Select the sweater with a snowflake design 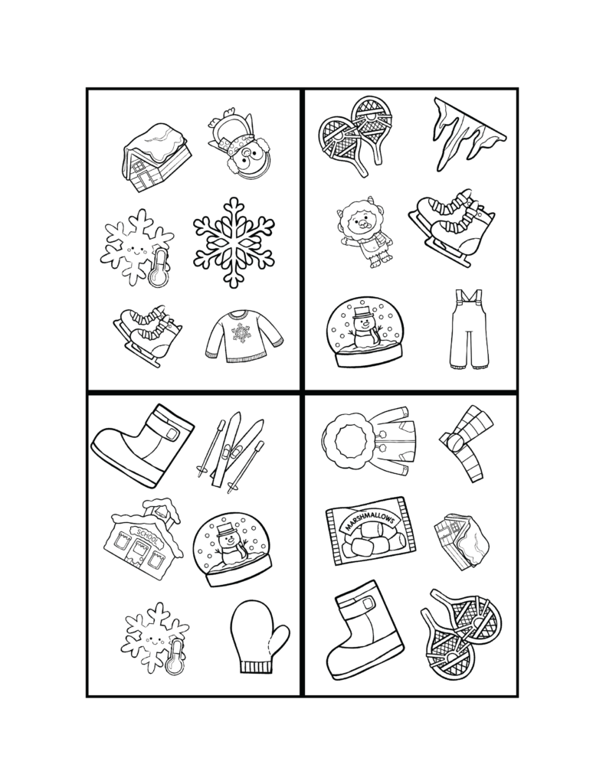243,336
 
